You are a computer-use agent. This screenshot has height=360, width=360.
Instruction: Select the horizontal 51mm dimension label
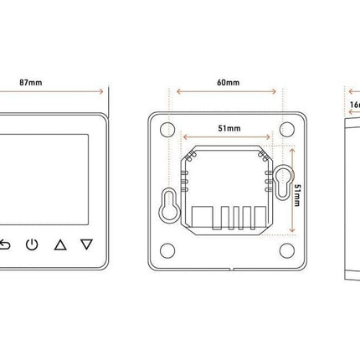pos(226,129)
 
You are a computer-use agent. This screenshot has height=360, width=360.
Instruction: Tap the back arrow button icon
pos(6,245)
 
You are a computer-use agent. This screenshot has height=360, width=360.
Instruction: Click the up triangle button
pos(59,245)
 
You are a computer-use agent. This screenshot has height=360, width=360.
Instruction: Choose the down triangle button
pos(86,245)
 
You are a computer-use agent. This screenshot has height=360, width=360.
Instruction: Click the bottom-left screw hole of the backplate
pos(167,249)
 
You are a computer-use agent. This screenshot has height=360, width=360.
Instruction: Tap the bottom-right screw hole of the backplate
pos(287,249)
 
